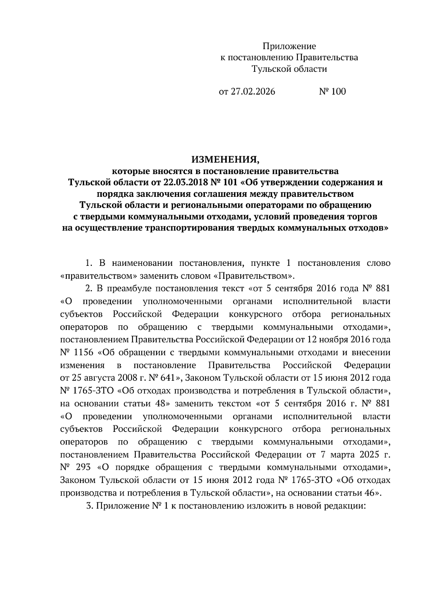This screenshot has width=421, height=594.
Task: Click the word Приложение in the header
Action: pos(289,46)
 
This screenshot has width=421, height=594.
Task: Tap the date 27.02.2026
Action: pos(253,91)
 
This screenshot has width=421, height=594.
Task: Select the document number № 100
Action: pos(332,91)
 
